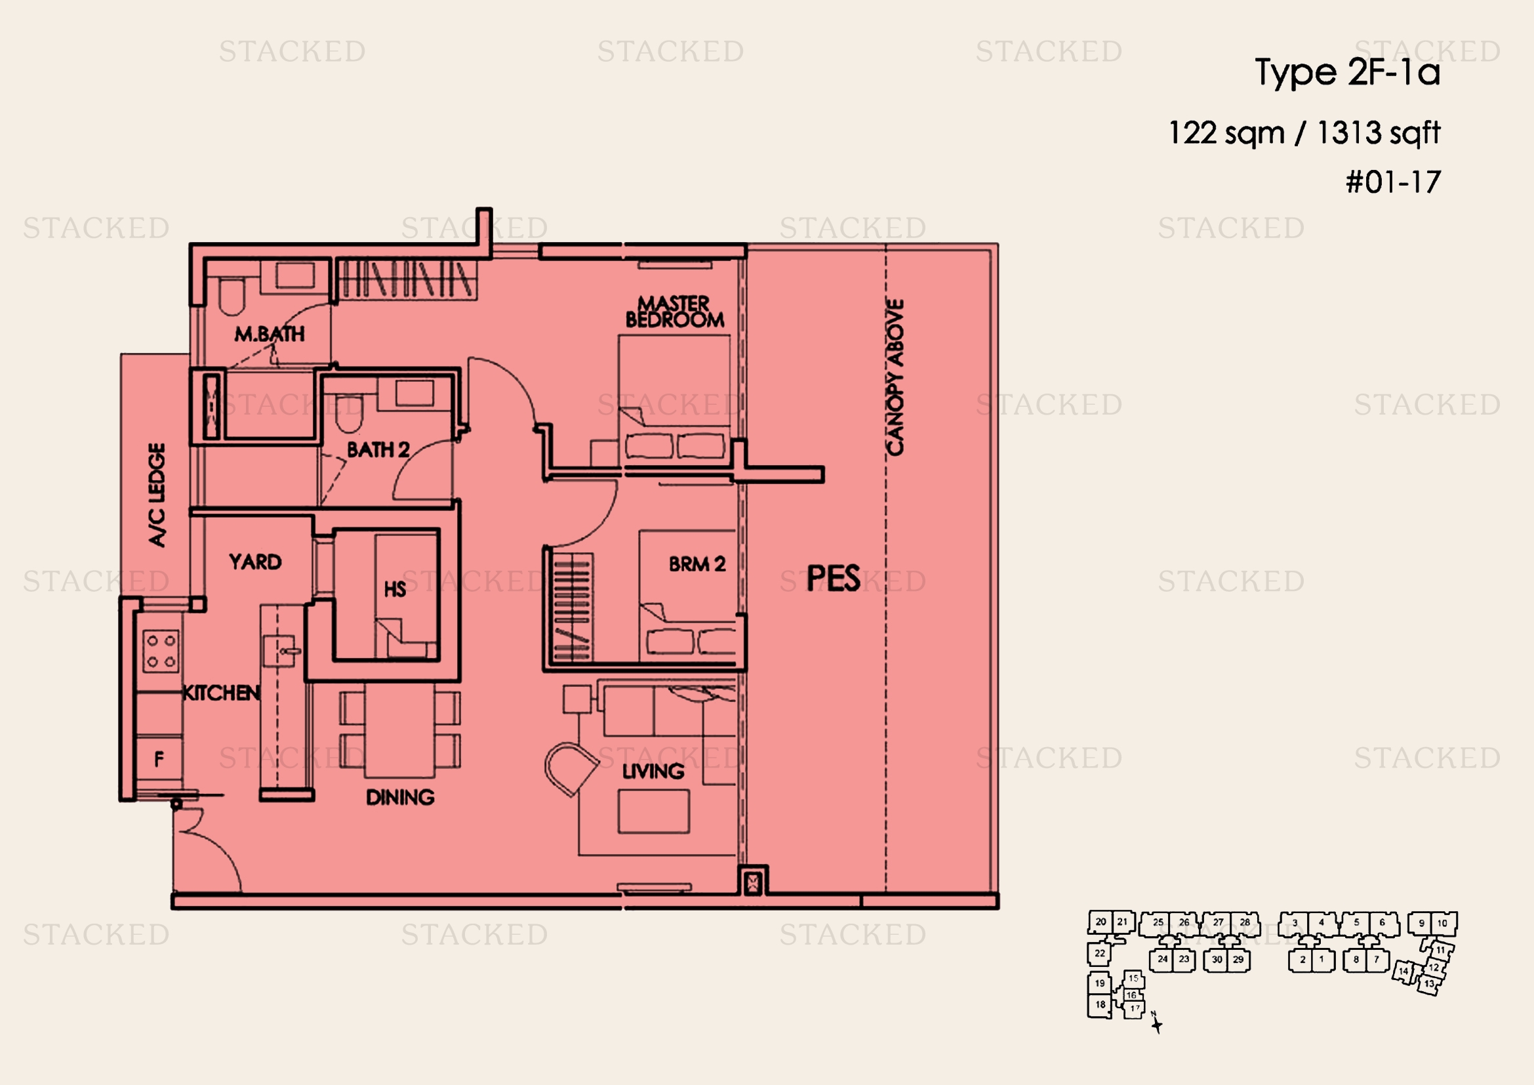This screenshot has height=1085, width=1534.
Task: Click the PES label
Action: click(x=833, y=578)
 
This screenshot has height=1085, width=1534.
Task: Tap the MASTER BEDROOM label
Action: click(x=674, y=312)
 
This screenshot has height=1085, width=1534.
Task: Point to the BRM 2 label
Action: click(x=697, y=564)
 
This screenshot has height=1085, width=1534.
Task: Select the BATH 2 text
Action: click(x=378, y=449)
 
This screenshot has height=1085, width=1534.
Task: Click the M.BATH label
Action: click(x=270, y=333)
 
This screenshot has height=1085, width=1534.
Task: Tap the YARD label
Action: click(x=255, y=562)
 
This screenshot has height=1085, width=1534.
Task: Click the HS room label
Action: click(x=395, y=588)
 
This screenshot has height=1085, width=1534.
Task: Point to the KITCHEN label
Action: click(x=222, y=693)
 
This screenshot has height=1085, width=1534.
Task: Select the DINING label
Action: click(x=400, y=797)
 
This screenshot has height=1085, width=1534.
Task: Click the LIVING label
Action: click(x=653, y=771)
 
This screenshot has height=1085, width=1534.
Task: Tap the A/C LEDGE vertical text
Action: click(x=156, y=495)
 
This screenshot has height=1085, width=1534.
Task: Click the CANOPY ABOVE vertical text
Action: click(x=895, y=377)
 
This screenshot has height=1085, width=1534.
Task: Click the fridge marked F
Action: click(x=158, y=758)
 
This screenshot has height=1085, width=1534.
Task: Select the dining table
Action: click(x=399, y=730)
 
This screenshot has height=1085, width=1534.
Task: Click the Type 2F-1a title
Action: click(x=1347, y=72)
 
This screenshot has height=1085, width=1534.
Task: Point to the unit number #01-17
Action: click(x=1393, y=182)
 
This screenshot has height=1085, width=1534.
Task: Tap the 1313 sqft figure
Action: click(x=1379, y=133)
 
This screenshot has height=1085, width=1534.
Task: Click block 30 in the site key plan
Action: click(x=1217, y=960)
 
